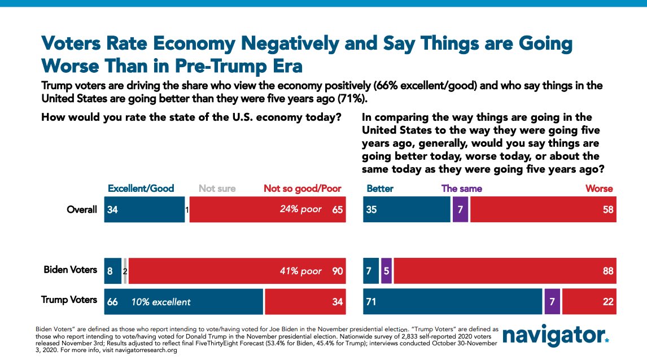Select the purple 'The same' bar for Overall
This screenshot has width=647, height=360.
(460, 209)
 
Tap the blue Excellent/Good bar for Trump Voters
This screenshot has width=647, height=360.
(183, 302)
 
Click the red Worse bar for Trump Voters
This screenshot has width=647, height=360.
(589, 302)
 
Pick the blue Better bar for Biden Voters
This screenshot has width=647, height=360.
(370, 270)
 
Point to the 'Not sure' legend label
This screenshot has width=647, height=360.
(217, 188)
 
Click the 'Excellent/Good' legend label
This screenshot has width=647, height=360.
(141, 188)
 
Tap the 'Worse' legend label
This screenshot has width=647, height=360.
(599, 188)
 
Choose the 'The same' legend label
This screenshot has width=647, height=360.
(462, 188)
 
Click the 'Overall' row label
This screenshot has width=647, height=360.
(81, 210)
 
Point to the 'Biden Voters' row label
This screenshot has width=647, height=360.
(71, 270)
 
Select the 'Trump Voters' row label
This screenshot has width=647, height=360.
(69, 300)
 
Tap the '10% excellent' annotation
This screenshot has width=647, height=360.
(161, 302)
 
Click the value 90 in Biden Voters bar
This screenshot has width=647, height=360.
(337, 271)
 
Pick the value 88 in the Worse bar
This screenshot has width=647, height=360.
(608, 271)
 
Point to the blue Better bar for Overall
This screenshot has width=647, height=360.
(406, 209)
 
